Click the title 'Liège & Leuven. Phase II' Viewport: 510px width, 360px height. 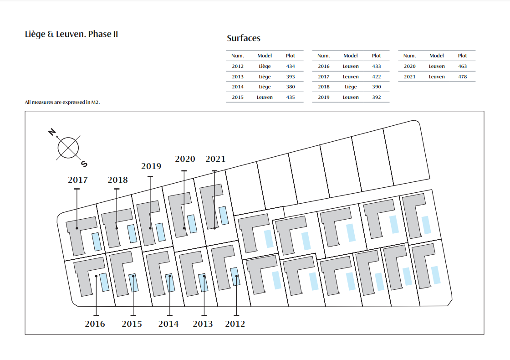coord(71,34)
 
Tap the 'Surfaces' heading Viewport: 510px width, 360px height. coord(244,38)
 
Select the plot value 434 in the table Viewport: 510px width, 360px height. coord(291,66)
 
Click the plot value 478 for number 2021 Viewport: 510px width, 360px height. coord(462,77)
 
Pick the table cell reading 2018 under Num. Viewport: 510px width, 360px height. coord(324,87)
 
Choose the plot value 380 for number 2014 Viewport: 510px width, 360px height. coord(291,87)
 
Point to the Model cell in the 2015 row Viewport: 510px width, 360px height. coord(265,97)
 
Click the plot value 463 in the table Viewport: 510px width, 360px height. coord(462,66)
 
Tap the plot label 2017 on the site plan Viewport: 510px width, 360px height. coord(78,180)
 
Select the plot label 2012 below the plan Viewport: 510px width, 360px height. coord(235,324)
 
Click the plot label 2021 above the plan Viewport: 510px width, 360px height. coord(215,159)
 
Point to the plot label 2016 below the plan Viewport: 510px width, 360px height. coord(95,324)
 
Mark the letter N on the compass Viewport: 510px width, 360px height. coord(52,132)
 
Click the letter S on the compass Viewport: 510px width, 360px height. coord(84,164)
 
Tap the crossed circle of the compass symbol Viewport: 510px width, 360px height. coord(68,148)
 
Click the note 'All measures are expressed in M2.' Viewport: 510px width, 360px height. coord(62,102)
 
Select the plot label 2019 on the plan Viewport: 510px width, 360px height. coord(151,166)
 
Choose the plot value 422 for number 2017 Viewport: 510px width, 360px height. coord(376,77)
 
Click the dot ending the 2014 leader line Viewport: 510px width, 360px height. coord(170,276)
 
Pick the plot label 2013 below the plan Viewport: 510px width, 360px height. coord(203,324)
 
